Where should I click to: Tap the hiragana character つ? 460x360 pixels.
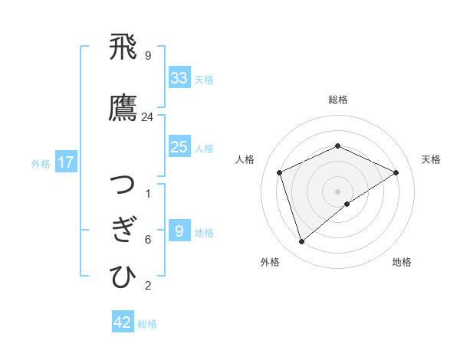click(123, 185)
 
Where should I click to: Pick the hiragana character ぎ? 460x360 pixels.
click(123, 231)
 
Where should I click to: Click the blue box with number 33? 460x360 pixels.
click(179, 78)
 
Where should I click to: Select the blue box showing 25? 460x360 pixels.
click(179, 147)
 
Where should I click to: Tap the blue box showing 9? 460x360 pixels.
click(179, 231)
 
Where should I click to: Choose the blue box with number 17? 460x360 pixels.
click(66, 162)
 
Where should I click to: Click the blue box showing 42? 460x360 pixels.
click(123, 322)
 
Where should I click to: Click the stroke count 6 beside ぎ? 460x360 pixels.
click(148, 240)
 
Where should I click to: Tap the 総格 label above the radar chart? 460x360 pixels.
click(337, 100)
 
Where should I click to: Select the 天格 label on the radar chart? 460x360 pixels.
click(431, 159)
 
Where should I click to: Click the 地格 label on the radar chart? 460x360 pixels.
click(402, 262)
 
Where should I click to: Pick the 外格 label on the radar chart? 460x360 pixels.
click(270, 262)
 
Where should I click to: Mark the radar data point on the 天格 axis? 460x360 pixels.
click(396, 172)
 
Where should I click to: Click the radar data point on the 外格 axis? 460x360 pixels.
click(301, 242)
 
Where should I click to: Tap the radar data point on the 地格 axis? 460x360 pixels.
click(347, 204)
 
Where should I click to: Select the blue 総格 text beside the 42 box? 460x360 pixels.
click(147, 324)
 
